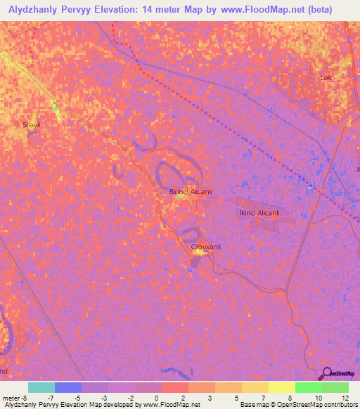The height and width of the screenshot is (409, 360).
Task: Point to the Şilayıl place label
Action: click(x=32, y=124)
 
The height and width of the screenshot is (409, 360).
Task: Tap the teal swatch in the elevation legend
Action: click(x=41, y=387)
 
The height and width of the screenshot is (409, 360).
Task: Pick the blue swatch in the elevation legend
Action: click(x=68, y=387)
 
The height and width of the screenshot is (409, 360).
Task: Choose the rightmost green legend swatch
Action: click(x=335, y=387)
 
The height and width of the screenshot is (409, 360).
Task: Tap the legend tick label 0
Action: click(x=156, y=398)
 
